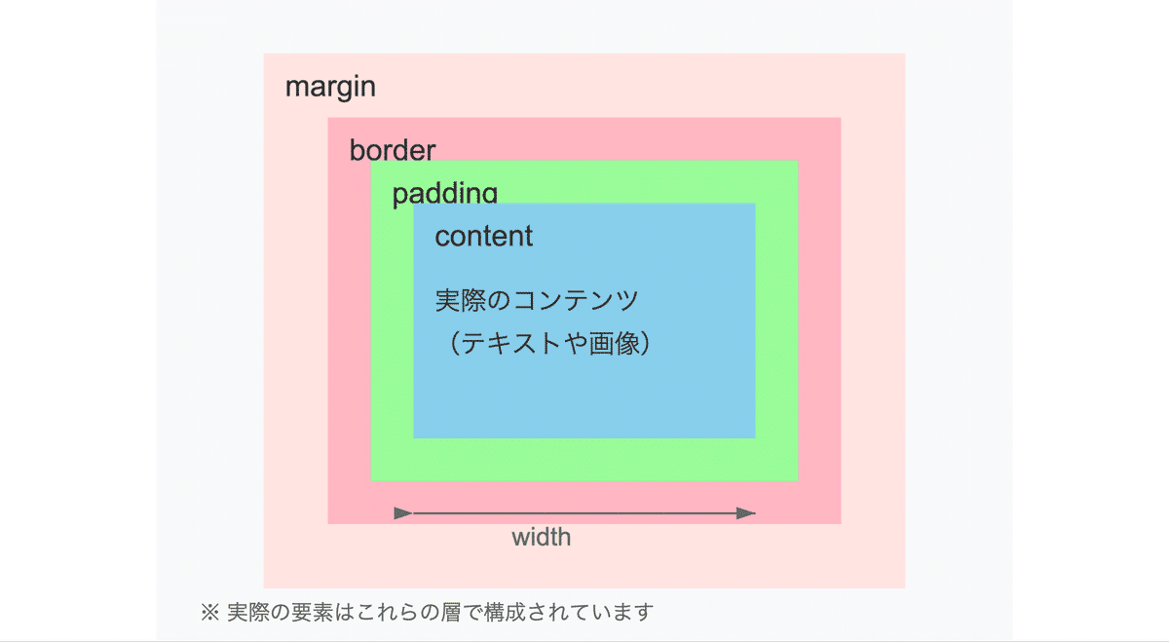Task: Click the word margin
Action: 330,87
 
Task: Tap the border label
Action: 393,150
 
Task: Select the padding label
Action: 444,193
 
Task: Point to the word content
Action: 484,236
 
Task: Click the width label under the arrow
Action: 542,537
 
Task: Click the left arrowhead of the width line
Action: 403,513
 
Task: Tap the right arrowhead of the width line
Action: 746,513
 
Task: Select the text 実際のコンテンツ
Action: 537,300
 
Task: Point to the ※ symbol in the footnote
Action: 209,612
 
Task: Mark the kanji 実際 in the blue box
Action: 461,300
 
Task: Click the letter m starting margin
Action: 295,89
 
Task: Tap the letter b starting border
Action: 357,150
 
